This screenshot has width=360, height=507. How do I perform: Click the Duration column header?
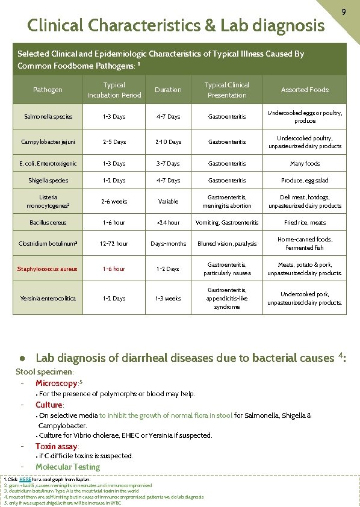[x=168, y=90]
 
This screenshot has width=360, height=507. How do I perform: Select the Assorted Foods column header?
[x=305, y=90]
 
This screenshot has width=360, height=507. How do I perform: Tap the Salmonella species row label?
[x=48, y=116]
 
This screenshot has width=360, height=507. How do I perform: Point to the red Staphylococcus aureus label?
[x=48, y=269]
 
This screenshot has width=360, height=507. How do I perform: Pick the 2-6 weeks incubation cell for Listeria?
[x=114, y=201]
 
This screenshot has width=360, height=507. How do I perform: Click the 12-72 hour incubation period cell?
[x=114, y=244]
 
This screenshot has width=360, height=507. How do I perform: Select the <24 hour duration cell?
[x=168, y=222]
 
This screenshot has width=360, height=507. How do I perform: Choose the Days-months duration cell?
[x=168, y=244]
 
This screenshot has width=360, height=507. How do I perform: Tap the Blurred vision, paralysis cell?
[x=227, y=244]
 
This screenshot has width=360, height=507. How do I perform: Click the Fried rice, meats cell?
[x=305, y=222]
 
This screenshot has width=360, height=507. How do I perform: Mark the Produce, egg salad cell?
[x=305, y=180]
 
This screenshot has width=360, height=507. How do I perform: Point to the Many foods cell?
[x=305, y=163]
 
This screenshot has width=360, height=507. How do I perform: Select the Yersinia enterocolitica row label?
[x=48, y=298]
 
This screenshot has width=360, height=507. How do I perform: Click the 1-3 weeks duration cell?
[x=168, y=298]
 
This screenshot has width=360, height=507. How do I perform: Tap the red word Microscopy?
[x=57, y=383]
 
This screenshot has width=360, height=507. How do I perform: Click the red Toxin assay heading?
[x=57, y=446]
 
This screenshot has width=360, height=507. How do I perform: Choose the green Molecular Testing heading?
[x=67, y=467]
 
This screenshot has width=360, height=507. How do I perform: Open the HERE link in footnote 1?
[x=25, y=479]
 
